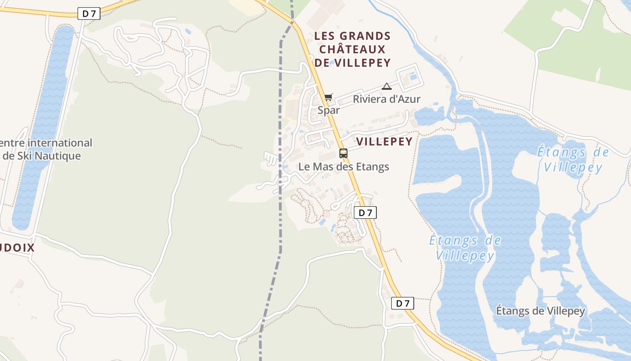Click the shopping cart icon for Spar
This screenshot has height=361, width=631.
[328, 97]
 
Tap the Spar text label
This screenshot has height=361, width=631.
[329, 110]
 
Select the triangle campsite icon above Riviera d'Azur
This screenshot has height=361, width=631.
[386, 86]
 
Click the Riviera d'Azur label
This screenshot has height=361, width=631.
[386, 99]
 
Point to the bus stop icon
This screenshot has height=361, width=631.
[343, 153]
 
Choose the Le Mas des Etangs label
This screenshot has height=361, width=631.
[343, 167]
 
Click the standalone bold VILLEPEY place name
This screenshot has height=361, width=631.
[384, 142]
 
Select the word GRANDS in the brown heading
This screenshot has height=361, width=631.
[366, 36]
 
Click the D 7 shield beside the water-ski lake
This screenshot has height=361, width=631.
[89, 14]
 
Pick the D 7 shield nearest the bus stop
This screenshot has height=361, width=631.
[365, 213]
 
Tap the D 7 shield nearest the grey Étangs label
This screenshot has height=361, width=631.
[402, 303]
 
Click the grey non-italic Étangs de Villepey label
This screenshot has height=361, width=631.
[540, 311]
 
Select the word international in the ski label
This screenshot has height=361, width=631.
[60, 143]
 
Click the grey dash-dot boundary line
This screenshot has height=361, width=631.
[280, 180]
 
